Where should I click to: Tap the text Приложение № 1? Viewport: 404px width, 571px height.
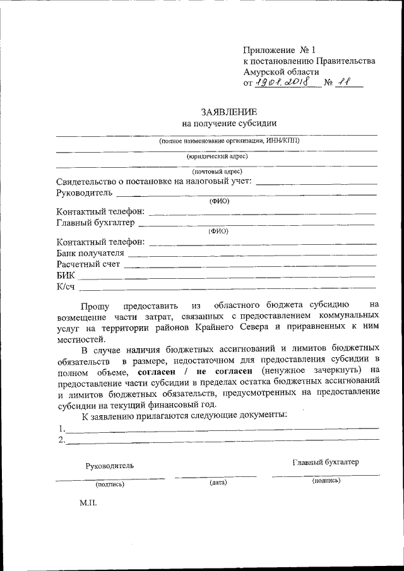coord(278,50)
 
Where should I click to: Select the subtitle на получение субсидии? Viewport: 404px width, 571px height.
coord(229,124)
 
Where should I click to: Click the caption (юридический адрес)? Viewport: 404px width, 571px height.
coord(217,156)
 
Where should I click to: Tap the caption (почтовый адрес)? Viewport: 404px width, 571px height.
coord(217,171)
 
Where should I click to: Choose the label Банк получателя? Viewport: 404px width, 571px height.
coord(90,253)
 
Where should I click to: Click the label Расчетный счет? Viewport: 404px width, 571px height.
coord(88,264)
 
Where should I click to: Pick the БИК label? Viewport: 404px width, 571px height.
coord(66,276)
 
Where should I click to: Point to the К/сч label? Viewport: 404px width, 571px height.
coord(66,288)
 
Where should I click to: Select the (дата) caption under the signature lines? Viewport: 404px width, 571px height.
coord(218,483)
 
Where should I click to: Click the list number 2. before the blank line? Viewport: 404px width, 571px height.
coord(61,440)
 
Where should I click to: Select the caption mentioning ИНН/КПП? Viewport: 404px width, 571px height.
coord(229,141)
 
